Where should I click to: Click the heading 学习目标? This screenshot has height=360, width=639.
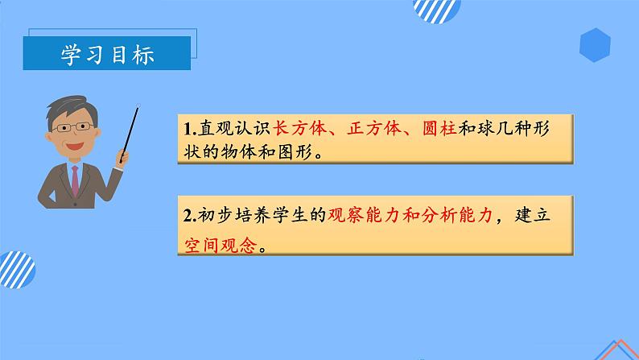(x=108, y=54)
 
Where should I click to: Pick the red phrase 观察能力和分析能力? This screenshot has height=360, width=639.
(x=407, y=216)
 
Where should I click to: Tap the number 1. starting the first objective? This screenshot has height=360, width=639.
(x=189, y=130)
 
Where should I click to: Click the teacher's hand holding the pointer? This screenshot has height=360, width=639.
(x=123, y=154)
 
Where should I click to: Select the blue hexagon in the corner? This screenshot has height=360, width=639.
(x=595, y=44)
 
